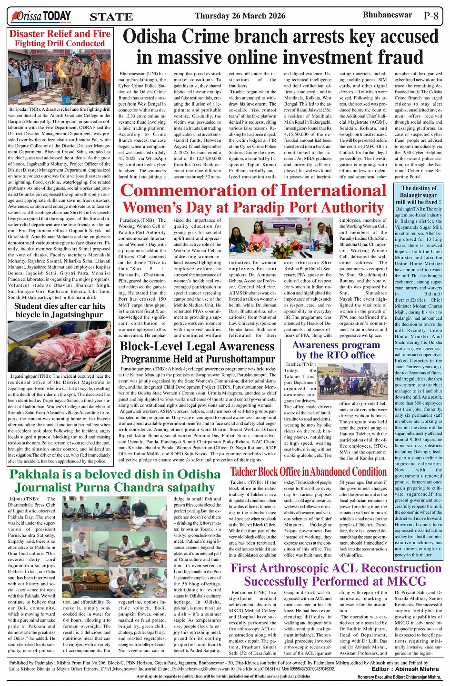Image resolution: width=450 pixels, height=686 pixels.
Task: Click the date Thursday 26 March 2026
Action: point(240,16)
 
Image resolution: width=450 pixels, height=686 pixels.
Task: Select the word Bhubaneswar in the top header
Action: point(387,15)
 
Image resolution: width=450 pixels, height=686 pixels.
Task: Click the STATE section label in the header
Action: point(111,17)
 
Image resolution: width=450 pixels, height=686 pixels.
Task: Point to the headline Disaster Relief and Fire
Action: point(60,34)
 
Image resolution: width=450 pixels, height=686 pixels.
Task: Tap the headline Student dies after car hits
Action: point(60,306)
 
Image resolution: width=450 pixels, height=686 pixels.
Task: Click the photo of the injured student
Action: point(60,346)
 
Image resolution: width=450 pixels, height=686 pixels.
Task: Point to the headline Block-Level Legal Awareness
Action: point(197,346)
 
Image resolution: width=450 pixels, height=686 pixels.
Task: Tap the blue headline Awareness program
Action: point(336,345)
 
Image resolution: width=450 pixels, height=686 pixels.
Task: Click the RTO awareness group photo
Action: point(354,382)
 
